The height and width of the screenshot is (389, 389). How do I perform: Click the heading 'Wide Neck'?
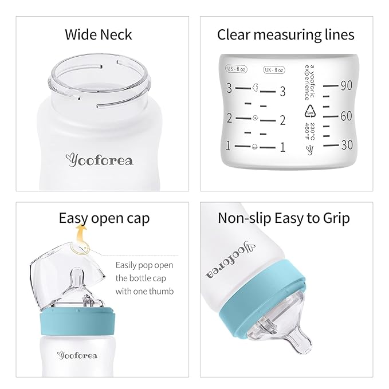pos(98,34)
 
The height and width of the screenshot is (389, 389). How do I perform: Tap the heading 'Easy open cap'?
pos(104,218)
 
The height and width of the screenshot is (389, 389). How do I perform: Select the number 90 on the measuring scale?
pos(346,86)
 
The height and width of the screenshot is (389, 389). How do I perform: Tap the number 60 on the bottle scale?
pos(346,116)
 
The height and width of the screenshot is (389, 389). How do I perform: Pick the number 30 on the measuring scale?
pos(346,146)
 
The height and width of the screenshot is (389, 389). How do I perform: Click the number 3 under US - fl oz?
pos(229,89)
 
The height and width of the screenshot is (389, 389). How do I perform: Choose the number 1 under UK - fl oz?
pos(282,147)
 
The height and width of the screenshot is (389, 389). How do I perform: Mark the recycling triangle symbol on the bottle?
pos(311,111)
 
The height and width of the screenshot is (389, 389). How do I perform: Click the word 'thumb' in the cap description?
pos(161,291)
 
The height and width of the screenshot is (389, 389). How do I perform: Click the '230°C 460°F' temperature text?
pos(310,132)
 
